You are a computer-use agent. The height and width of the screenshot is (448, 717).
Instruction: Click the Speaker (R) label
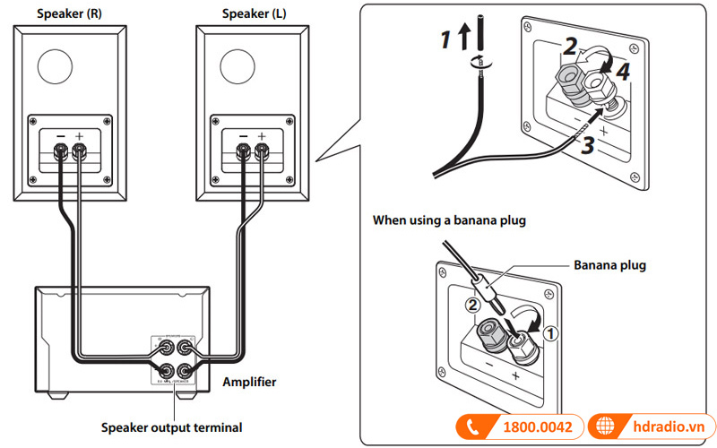pos(67,13)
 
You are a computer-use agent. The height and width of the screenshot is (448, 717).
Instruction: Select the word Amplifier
pos(249,382)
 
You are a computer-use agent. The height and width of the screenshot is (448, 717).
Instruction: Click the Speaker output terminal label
pos(171,427)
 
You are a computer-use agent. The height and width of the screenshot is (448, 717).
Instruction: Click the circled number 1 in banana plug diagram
pos(552,331)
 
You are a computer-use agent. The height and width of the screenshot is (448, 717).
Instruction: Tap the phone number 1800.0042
pos(536,427)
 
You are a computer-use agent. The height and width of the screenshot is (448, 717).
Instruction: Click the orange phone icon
pos(471,427)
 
